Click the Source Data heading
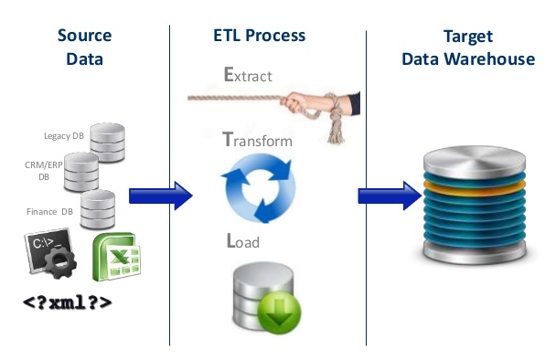[x=84, y=48]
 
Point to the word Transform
[x=257, y=141]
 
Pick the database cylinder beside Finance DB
[x=97, y=209]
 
